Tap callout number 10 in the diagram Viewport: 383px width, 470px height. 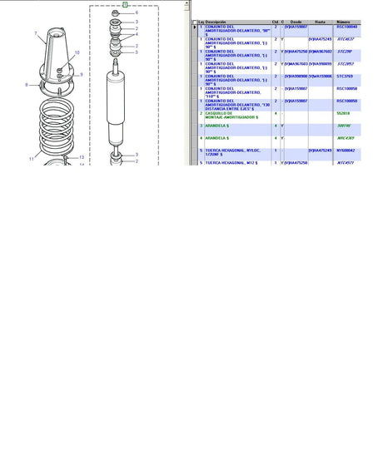tap(77, 53)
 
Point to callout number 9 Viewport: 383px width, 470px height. tap(81, 75)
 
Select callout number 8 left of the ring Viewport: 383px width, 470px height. tap(27, 85)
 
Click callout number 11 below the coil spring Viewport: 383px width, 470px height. tap(32, 158)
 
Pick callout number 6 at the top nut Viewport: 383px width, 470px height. tap(137, 13)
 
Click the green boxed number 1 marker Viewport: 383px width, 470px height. tap(124, 4)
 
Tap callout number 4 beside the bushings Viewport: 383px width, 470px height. tap(137, 35)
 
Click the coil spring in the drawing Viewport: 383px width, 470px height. tap(55, 125)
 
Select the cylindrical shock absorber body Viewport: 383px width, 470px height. tap(113, 108)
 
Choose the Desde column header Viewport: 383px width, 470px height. tap(295, 22)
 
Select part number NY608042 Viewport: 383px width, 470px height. tap(346, 151)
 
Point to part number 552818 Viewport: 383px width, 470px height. tap(342, 112)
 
